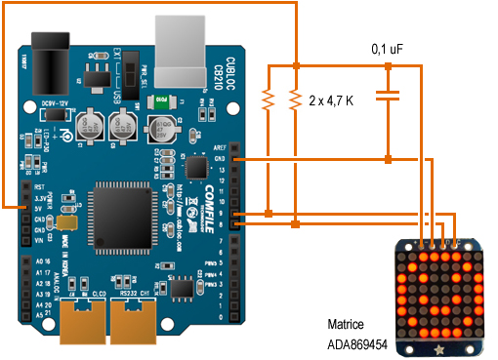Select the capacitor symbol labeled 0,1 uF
(389, 96)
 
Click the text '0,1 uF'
(390, 48)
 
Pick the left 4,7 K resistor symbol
(267, 99)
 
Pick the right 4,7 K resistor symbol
(294, 99)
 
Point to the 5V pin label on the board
(40, 207)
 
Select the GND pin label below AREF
(223, 157)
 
